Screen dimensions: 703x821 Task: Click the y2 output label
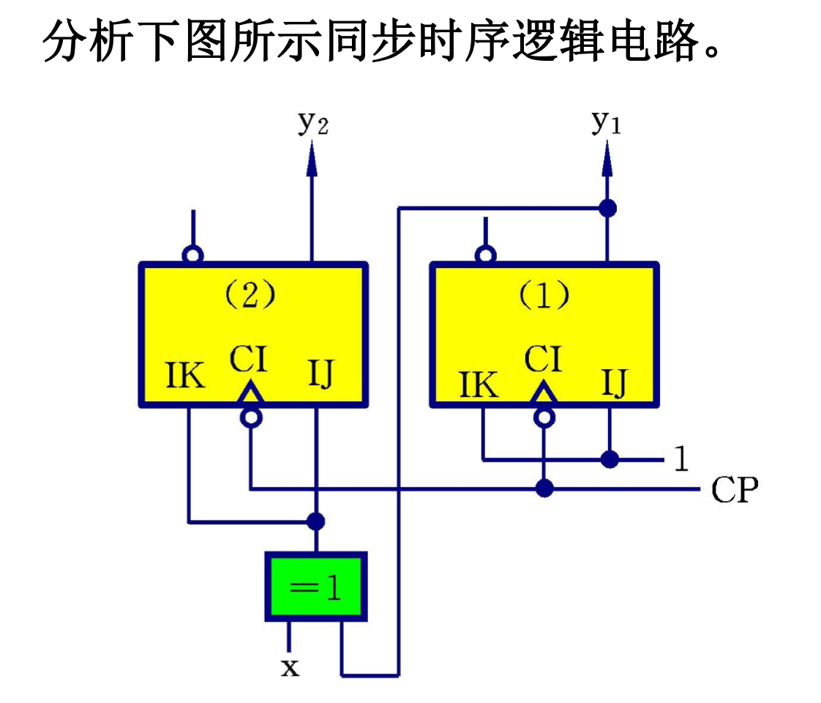(x=312, y=124)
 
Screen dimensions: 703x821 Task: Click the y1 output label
(x=606, y=122)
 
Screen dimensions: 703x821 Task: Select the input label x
(x=290, y=667)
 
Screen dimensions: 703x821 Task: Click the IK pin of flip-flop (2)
(x=185, y=375)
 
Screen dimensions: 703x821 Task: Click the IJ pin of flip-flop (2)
(x=320, y=375)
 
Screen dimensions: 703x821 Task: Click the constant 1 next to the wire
(x=681, y=459)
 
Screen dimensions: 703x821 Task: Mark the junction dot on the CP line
(x=544, y=488)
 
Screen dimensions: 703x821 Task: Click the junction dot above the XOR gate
(x=315, y=521)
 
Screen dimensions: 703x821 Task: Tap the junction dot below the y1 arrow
(x=607, y=208)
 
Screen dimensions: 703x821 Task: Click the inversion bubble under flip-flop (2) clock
(x=251, y=417)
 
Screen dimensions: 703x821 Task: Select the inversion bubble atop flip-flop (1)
(x=484, y=255)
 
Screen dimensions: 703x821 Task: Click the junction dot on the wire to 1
(x=609, y=459)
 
